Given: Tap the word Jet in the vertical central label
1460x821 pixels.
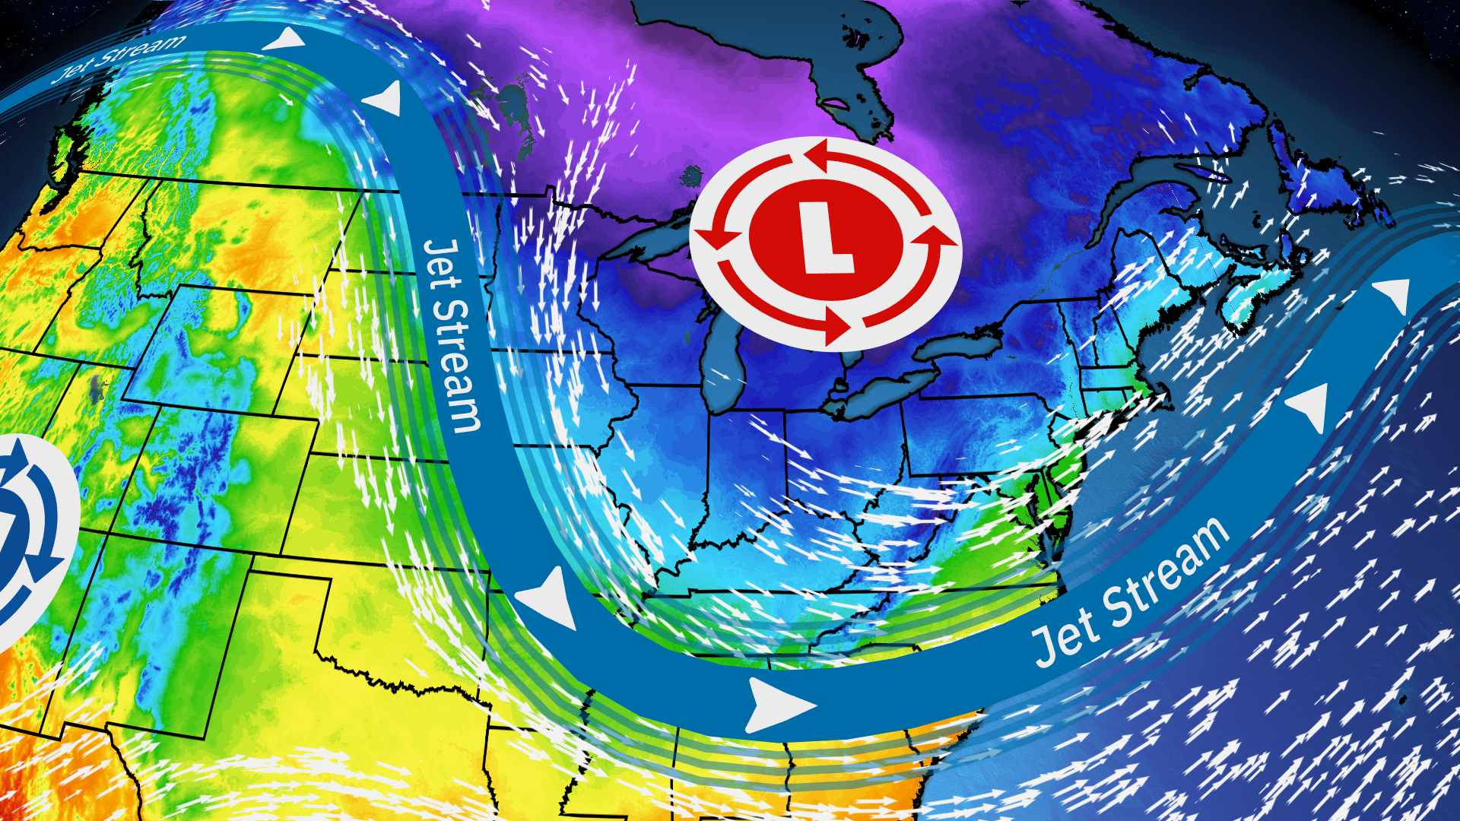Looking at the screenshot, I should (442, 265).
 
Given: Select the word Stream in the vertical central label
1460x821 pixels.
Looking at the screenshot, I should (456, 366).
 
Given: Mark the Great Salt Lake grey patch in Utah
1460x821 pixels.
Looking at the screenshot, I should (96, 388).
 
